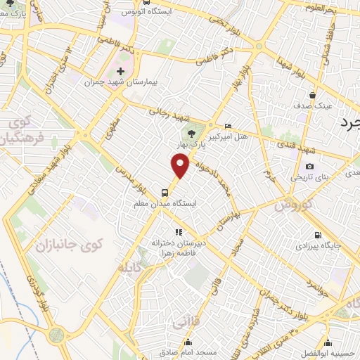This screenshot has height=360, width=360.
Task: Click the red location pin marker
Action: [x=181, y=167]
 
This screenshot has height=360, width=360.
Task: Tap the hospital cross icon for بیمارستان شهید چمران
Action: [x=121, y=71]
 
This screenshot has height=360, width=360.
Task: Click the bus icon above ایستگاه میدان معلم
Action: [x=165, y=191]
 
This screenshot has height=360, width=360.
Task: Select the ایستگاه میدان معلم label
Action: [x=165, y=204]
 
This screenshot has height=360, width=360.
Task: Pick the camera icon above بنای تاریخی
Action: [x=309, y=166]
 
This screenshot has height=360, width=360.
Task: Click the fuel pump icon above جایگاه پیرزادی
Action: [x=319, y=236]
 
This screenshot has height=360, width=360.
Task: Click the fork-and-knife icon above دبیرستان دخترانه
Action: [x=178, y=231]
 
